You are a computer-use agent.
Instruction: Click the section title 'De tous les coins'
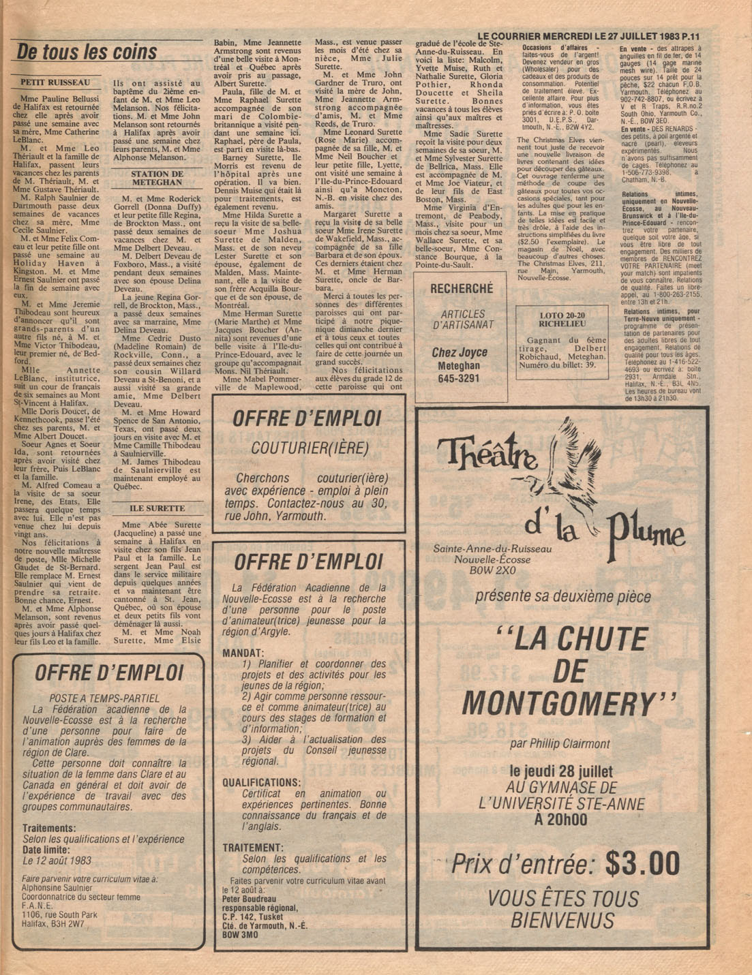87,52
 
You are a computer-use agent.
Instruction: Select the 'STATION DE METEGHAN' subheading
157,178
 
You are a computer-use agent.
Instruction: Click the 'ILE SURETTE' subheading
157,508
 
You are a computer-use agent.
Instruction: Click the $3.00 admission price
642,864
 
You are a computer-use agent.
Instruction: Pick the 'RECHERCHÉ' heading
461,289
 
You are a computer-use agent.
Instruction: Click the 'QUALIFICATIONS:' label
261,782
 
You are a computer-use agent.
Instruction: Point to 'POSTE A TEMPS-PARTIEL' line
104,698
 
